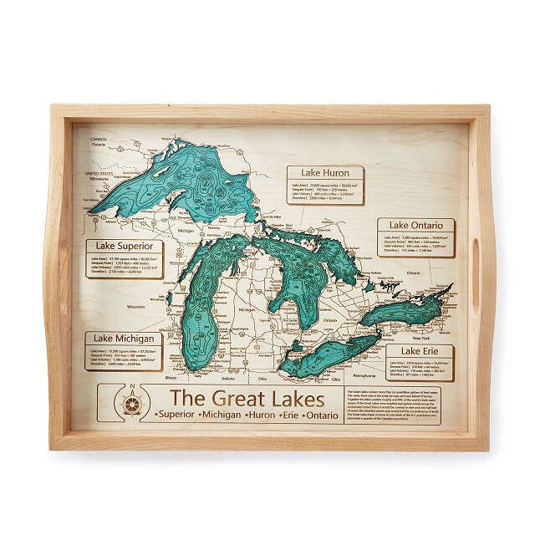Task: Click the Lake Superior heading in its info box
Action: click(124, 247)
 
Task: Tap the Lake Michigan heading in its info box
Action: click(123, 338)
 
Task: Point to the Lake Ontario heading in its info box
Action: click(415, 226)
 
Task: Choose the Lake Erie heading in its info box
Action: click(420, 352)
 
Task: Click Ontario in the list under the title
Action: click(322, 415)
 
